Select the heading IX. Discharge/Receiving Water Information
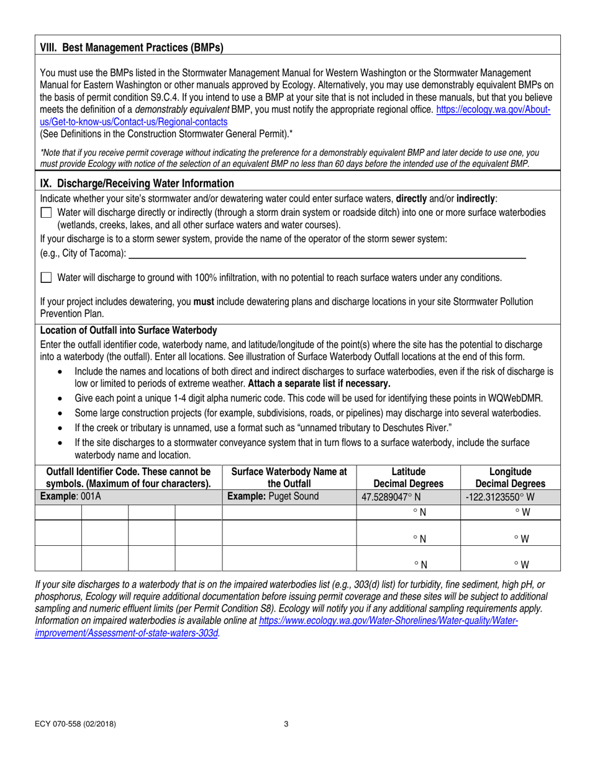click(137, 183)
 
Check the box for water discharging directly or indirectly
click(46, 213)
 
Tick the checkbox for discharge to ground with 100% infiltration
click(46, 279)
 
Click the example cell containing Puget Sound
click(289, 496)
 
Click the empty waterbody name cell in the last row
click(289, 558)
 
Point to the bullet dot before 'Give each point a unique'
click(59, 398)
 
